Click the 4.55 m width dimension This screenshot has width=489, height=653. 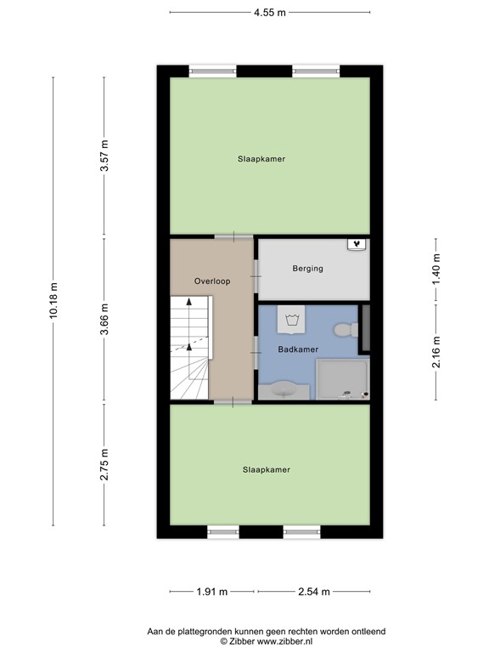tap(270, 13)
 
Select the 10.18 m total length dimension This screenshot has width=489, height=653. tap(53, 301)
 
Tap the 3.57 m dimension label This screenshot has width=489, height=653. tap(104, 156)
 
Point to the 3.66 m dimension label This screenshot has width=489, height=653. tap(104, 319)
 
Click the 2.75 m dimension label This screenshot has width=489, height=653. tap(104, 464)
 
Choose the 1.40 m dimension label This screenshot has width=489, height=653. tap(436, 269)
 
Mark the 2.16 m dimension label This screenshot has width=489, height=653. tap(436, 352)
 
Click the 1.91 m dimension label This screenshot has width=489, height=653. tap(212, 592)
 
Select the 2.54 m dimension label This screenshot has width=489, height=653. tap(314, 592)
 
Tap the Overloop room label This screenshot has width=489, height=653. tap(212, 281)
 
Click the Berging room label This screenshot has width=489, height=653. tap(307, 269)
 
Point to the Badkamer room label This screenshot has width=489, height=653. tap(298, 349)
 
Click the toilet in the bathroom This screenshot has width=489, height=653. tap(346, 330)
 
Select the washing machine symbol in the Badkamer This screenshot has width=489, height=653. tap(291, 320)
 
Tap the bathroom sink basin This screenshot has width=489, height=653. tap(284, 390)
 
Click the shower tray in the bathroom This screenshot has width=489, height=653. tap(343, 379)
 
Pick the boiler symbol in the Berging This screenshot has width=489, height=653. tap(357, 245)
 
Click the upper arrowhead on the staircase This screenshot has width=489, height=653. tap(189, 302)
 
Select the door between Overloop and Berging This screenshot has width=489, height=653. tap(256, 276)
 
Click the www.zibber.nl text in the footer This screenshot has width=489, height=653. tap(285, 642)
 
